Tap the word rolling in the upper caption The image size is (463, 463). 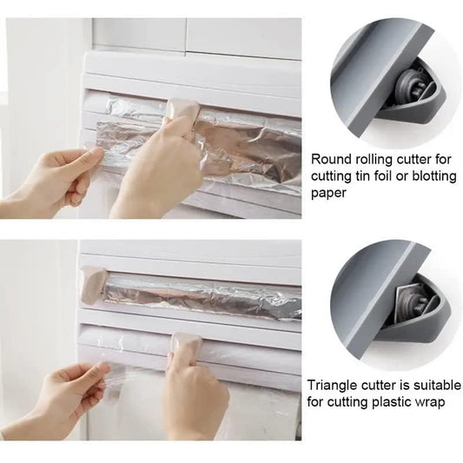click(x=374, y=160)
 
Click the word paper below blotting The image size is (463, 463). click(x=329, y=193)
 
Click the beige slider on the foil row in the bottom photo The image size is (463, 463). click(x=93, y=282)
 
